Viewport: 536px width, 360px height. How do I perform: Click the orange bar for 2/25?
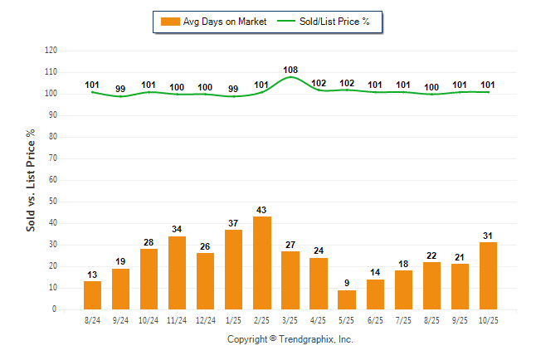(262, 263)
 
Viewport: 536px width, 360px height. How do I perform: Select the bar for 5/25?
(347, 299)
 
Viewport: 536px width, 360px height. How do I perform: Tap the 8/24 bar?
(93, 295)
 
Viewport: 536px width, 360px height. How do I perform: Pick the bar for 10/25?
(488, 275)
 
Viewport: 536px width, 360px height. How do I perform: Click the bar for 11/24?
(178, 273)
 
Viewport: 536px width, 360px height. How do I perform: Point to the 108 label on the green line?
(290, 70)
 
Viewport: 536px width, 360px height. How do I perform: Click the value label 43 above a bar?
(262, 210)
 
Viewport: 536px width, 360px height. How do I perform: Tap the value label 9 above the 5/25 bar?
(347, 283)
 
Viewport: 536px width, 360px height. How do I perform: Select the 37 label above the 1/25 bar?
(234, 223)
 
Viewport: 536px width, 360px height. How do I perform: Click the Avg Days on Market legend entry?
(215, 22)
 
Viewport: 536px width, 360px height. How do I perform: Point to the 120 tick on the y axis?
(51, 51)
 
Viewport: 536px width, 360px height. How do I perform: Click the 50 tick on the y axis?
(53, 202)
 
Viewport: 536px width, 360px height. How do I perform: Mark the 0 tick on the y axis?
(55, 309)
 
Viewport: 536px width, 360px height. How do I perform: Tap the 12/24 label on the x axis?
(206, 319)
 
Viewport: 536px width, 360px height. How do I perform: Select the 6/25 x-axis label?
(375, 319)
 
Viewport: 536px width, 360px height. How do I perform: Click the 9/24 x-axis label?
(121, 319)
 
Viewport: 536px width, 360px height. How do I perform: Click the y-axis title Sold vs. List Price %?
(32, 180)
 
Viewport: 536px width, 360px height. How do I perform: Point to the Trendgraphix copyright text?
(290, 339)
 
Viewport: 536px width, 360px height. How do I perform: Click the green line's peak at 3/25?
(290, 77)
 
